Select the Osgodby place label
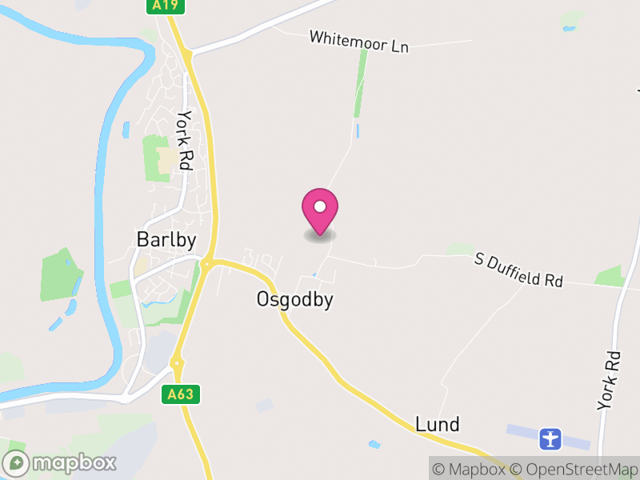click(294, 300)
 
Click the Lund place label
click(438, 424)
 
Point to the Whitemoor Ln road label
click(358, 42)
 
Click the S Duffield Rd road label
click(518, 270)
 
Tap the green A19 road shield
click(167, 6)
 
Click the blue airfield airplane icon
click(550, 438)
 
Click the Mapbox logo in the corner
click(60, 462)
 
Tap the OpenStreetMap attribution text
click(574, 470)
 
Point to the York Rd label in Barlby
click(185, 140)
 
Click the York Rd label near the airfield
click(609, 381)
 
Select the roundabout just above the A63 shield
click(177, 364)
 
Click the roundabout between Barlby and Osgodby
click(206, 262)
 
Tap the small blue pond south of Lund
click(374, 443)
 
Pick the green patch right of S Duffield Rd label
click(609, 276)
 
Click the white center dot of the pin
click(320, 206)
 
